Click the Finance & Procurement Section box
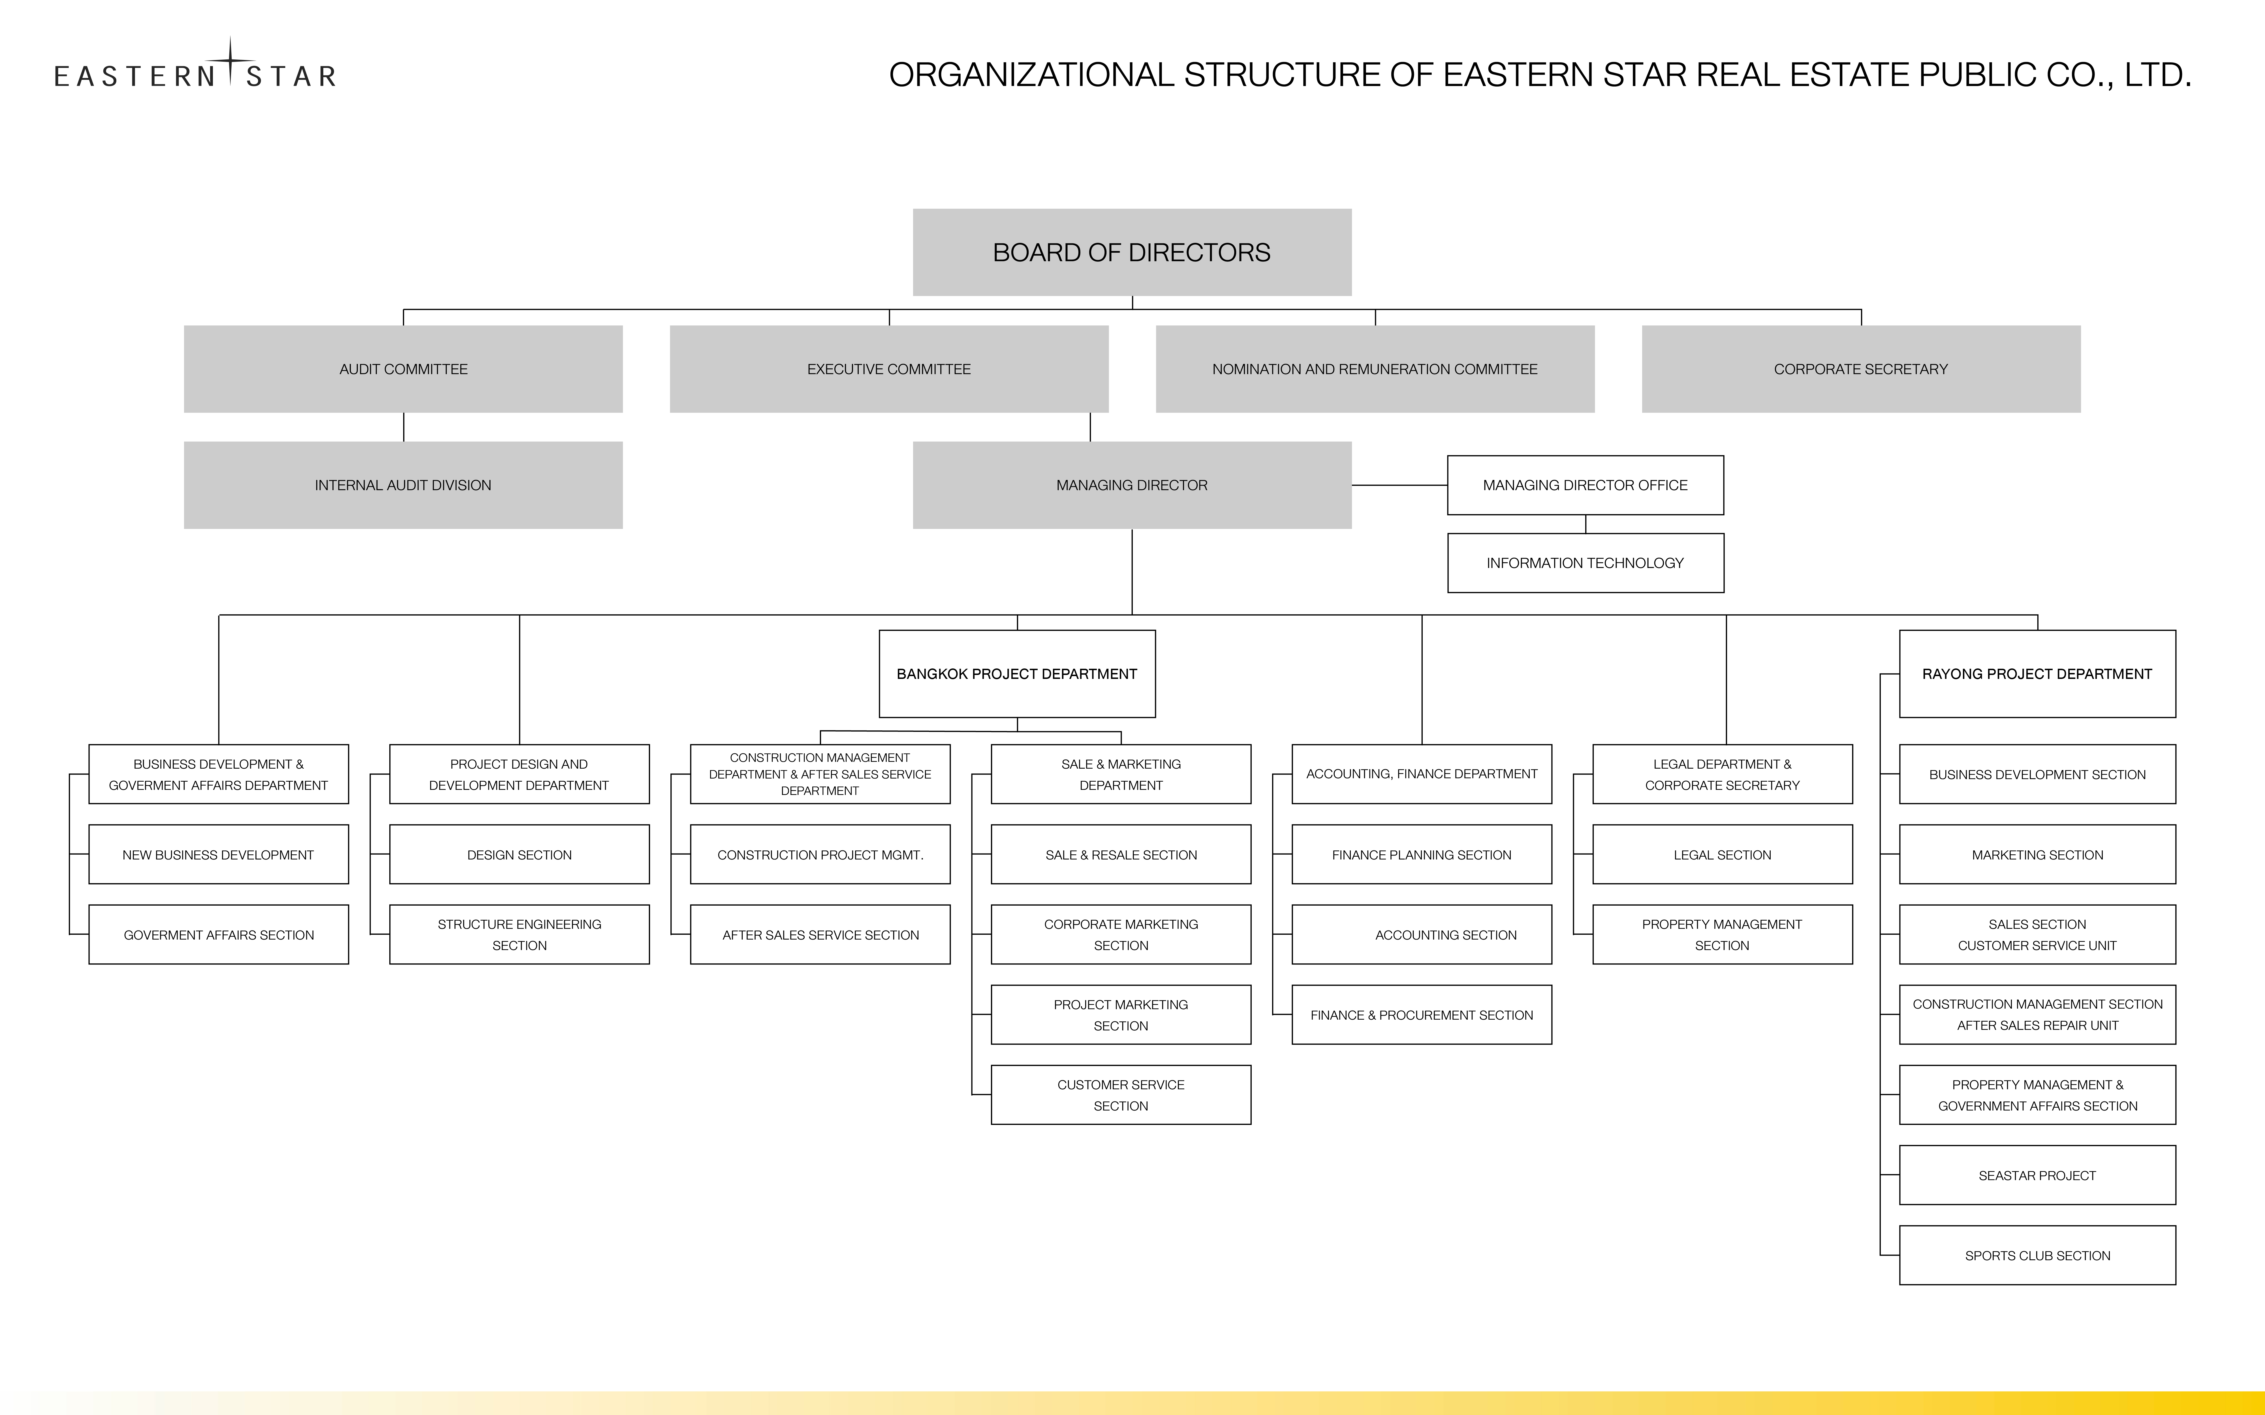1422,1015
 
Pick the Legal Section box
1722,854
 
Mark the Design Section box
520,854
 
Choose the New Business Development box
218,854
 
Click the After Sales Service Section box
820,934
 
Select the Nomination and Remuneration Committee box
1375,369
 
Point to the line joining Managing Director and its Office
1399,485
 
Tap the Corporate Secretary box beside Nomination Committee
1861,369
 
